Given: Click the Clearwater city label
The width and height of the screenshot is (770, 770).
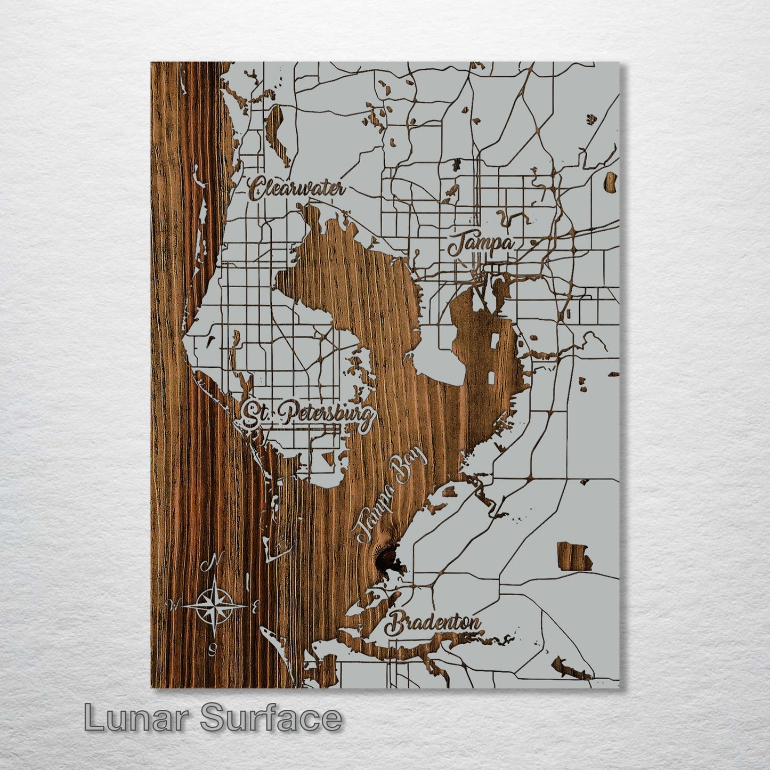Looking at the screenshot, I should point(297,189).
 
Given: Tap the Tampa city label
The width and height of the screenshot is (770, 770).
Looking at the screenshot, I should point(481,245).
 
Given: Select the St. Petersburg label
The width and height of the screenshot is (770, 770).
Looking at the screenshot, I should point(306,416).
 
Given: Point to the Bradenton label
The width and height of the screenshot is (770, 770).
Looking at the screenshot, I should point(434,623).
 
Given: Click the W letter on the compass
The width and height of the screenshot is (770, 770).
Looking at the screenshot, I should point(173,604).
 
